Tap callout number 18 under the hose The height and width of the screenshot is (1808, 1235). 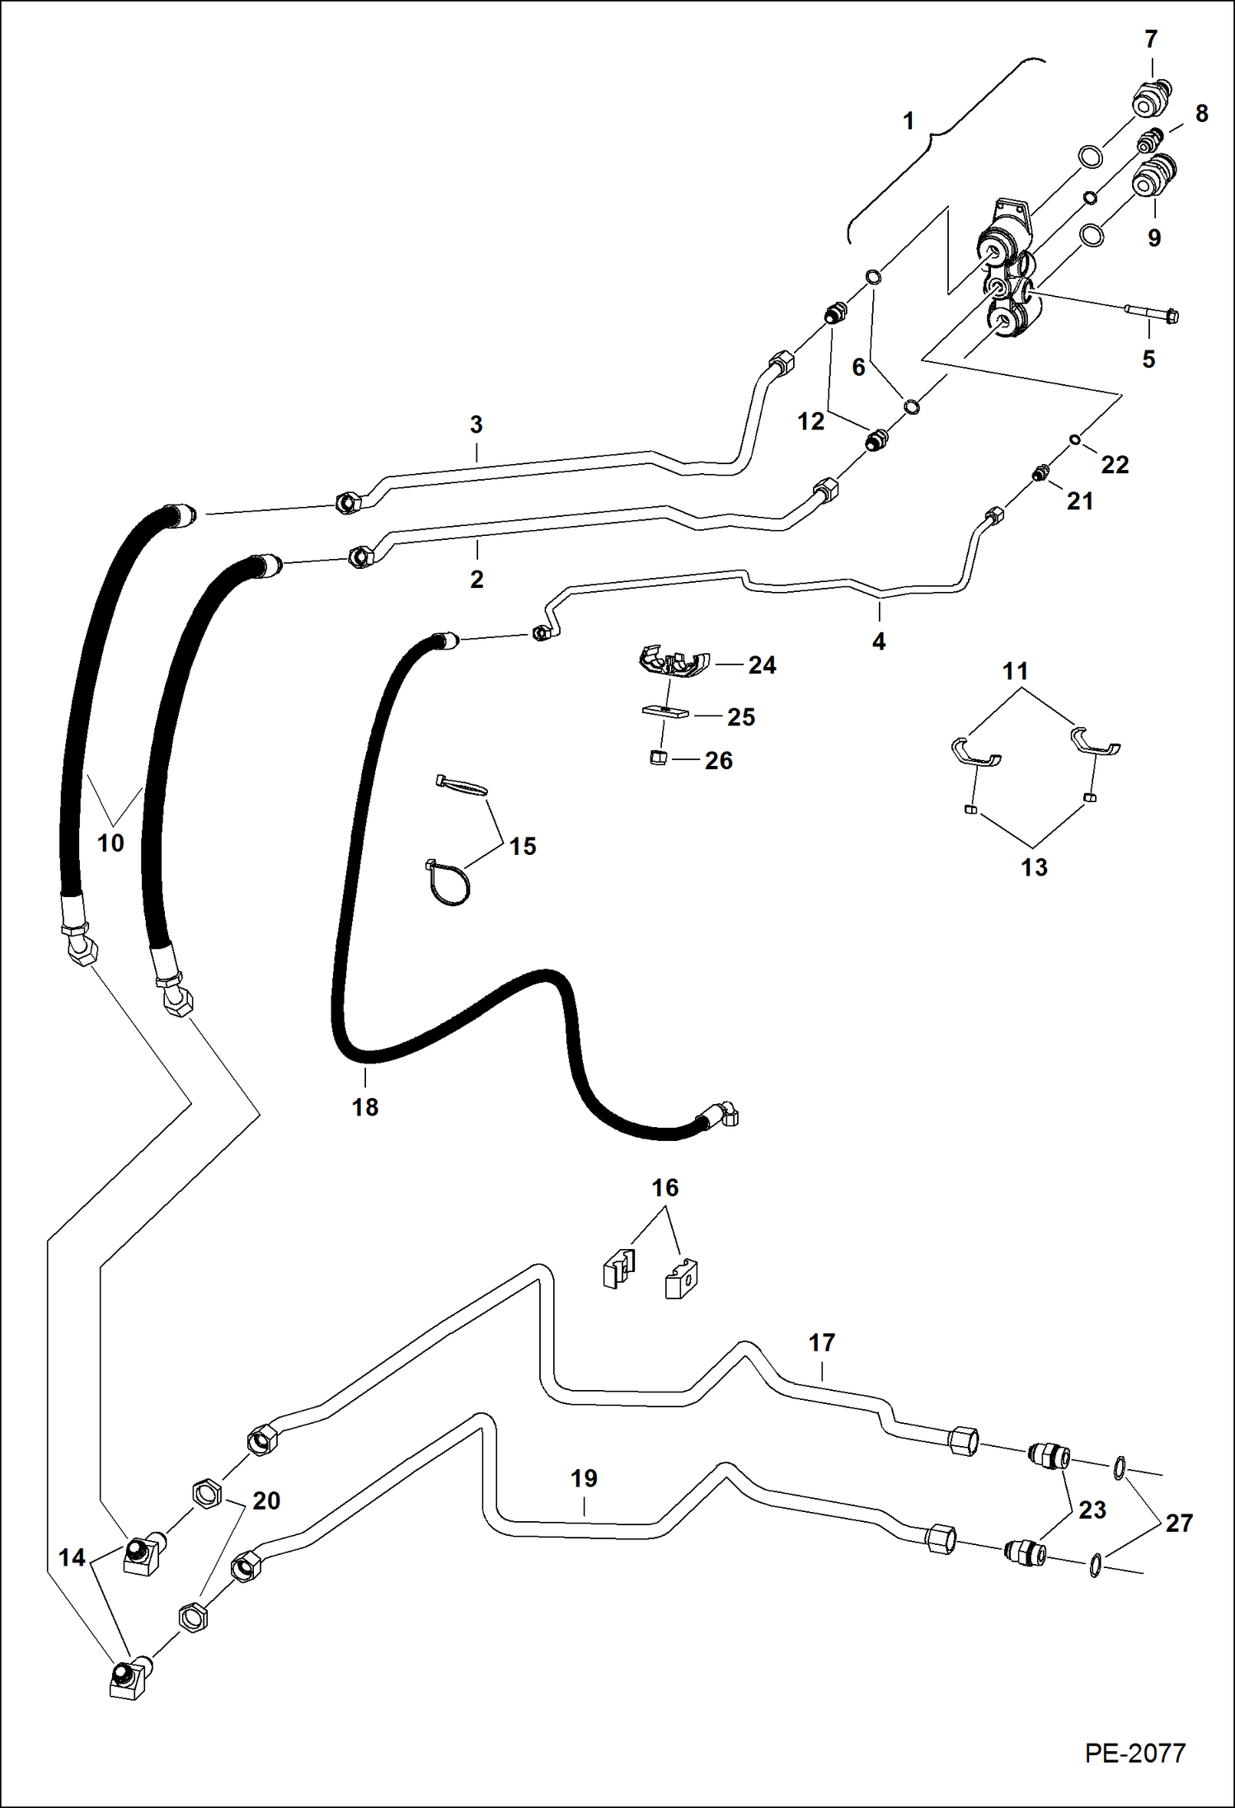coord(365,1107)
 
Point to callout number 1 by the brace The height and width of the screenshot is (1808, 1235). coord(908,121)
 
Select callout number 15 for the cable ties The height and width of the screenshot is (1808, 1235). coord(523,847)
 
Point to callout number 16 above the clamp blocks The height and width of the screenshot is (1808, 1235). coord(664,1187)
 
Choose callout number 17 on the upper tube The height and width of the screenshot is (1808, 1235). coord(821,1343)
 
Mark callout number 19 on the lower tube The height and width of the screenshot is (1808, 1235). coord(584,1478)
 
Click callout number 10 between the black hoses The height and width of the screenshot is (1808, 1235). coord(110,843)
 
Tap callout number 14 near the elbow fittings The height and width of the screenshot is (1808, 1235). coord(72,1557)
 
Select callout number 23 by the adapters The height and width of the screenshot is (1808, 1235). coord(1092,1510)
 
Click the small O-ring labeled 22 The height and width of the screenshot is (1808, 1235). coord(1075,440)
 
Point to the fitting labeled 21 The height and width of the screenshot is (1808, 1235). coord(1040,474)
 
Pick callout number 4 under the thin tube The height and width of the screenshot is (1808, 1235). coord(879,641)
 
